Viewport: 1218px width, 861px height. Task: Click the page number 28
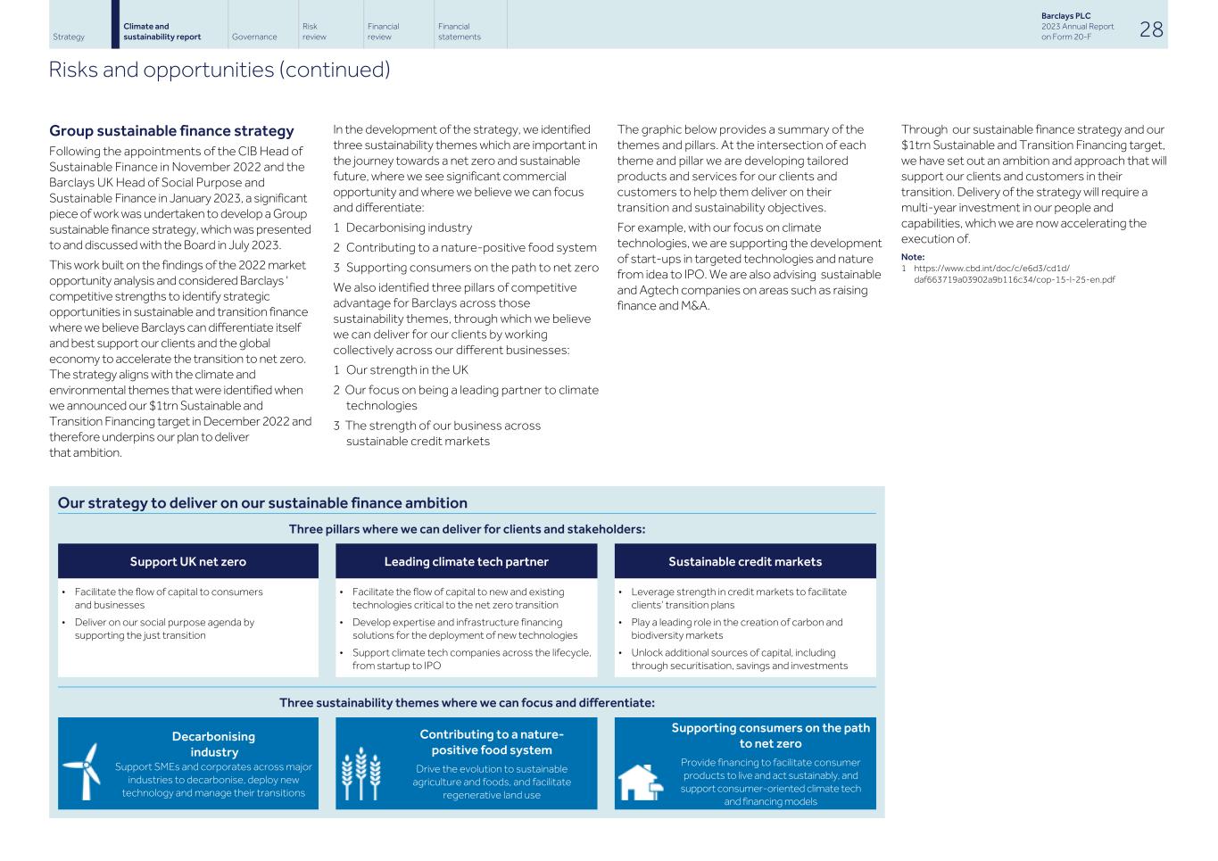(1151, 29)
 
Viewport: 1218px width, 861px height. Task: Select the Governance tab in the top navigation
(253, 37)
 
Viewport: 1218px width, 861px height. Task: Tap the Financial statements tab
(459, 32)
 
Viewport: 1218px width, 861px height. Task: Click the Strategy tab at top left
(69, 37)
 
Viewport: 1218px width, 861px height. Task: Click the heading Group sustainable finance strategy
(171, 131)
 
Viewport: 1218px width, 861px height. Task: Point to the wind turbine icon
(83, 771)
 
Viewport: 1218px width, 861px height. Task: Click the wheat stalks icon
(361, 773)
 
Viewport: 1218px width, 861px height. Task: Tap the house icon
(640, 782)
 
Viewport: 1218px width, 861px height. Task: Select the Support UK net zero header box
(187, 561)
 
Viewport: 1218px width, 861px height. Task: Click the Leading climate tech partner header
(466, 561)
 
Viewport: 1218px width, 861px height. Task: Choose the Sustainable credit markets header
(745, 561)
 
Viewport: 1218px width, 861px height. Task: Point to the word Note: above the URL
(912, 257)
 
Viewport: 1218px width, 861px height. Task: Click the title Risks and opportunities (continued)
(220, 70)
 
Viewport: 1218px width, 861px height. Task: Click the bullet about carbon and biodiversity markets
(736, 629)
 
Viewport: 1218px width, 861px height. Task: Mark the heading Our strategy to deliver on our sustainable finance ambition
(262, 503)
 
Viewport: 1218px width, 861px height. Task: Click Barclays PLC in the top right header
(1065, 16)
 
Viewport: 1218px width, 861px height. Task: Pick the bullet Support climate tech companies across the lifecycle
(471, 659)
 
